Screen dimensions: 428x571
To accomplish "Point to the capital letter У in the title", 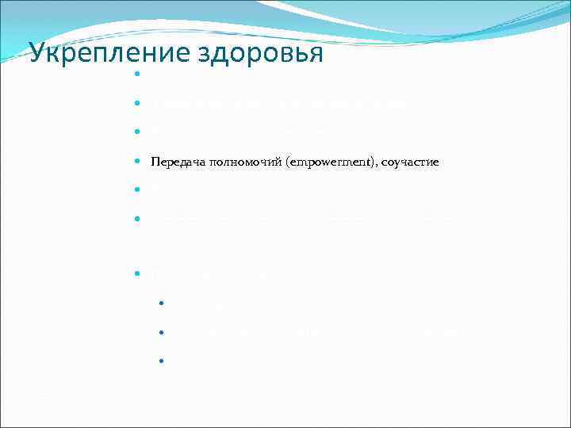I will tap(36, 53).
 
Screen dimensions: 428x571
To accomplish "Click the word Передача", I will tap(177, 162).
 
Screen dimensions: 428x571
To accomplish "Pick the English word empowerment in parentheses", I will tap(321, 162).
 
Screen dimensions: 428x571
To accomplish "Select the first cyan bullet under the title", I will tap(137, 75).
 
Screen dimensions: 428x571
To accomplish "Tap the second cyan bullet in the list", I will tap(137, 104).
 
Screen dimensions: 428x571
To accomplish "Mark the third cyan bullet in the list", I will tap(137, 132).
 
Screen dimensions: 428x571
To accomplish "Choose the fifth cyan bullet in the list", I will tap(137, 189).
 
